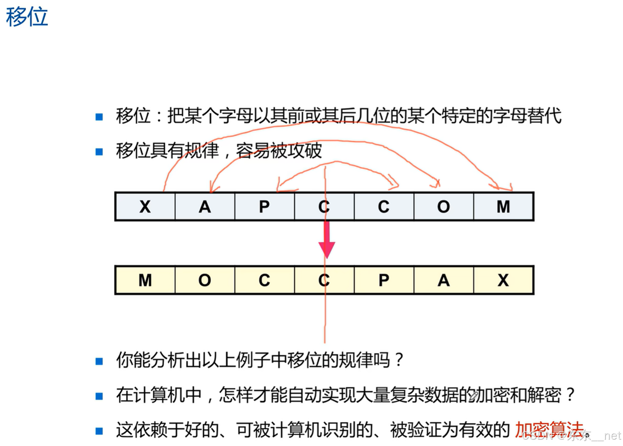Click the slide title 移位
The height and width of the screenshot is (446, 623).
(x=27, y=17)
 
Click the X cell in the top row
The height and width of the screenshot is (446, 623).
(x=145, y=207)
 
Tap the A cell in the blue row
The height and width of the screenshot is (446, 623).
(x=205, y=207)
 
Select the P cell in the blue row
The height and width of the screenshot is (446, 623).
(x=264, y=207)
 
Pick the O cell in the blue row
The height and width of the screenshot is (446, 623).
(x=444, y=207)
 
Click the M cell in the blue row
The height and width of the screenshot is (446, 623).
(x=503, y=207)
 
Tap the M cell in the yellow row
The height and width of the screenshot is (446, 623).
(x=145, y=280)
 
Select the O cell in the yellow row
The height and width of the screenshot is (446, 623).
(x=205, y=280)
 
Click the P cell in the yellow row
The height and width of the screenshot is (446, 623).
(x=384, y=280)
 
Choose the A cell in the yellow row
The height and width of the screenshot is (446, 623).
(x=444, y=280)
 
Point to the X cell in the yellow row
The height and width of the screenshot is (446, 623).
(x=503, y=280)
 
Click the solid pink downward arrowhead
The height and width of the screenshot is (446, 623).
(x=326, y=249)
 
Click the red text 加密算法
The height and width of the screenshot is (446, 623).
(x=549, y=429)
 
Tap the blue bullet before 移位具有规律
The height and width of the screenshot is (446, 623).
(x=99, y=152)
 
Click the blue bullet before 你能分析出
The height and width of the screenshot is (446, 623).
(x=99, y=361)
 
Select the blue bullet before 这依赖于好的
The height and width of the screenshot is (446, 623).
(x=99, y=431)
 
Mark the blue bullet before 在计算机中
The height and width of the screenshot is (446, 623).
(x=99, y=396)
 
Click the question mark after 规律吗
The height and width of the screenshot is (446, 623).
(x=399, y=360)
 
